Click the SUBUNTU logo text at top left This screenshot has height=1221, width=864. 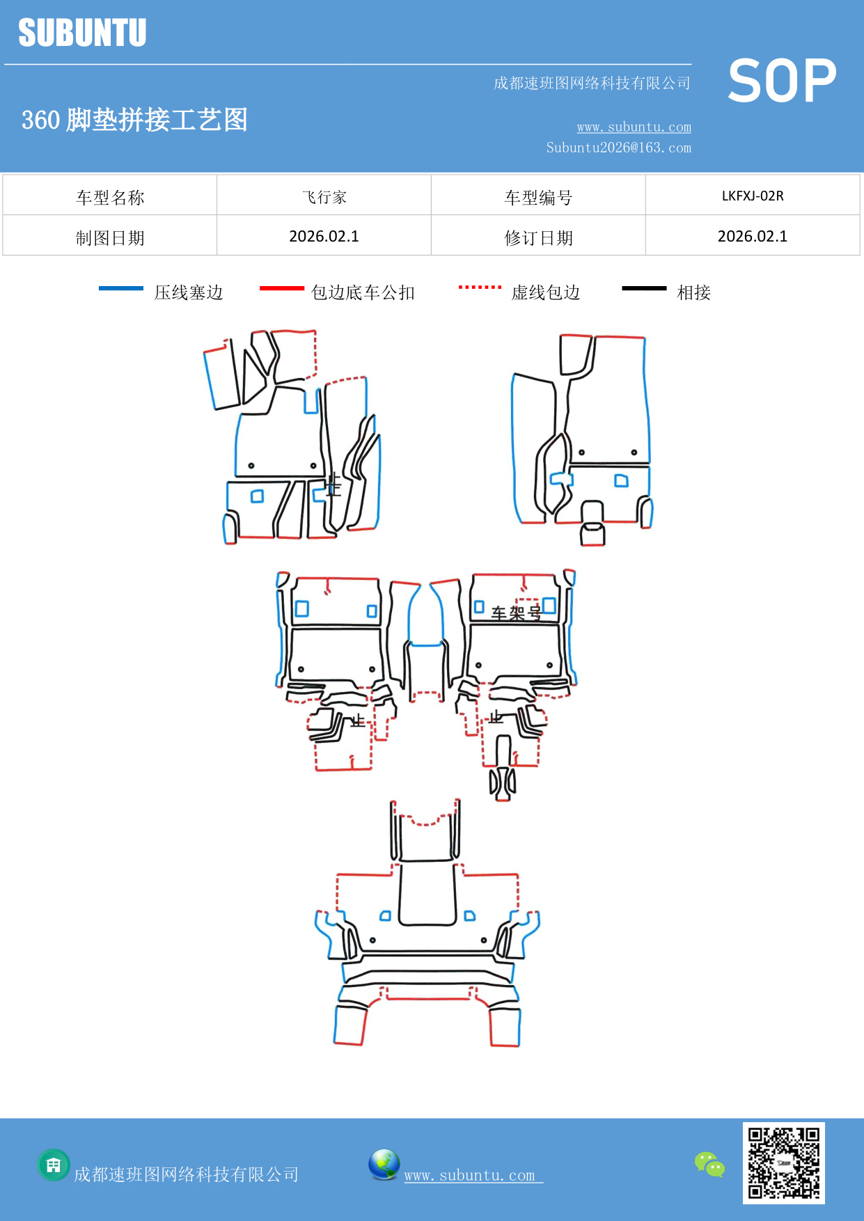click(x=82, y=33)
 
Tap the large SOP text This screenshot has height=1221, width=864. click(x=781, y=81)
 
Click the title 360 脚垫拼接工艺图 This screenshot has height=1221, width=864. click(x=134, y=120)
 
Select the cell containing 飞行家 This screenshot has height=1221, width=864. click(x=324, y=197)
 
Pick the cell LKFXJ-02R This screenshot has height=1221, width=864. click(x=752, y=196)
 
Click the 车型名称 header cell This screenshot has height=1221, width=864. click(x=110, y=198)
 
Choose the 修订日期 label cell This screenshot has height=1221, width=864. click(x=538, y=238)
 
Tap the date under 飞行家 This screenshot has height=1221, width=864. click(x=324, y=237)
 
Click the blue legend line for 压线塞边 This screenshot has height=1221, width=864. click(x=120, y=288)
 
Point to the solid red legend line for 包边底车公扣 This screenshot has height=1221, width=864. click(x=281, y=288)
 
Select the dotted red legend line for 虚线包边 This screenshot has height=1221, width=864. click(x=480, y=287)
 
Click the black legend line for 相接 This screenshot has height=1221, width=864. click(x=644, y=288)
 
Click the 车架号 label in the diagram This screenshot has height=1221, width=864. click(x=516, y=613)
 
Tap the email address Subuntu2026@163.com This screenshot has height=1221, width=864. click(x=618, y=148)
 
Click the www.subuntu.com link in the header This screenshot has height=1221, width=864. click(x=634, y=127)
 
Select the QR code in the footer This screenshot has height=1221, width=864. click(x=783, y=1163)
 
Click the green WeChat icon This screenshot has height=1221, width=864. click(x=709, y=1165)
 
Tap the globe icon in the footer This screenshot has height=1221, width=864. click(x=384, y=1165)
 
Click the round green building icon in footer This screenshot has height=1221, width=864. click(x=54, y=1165)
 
